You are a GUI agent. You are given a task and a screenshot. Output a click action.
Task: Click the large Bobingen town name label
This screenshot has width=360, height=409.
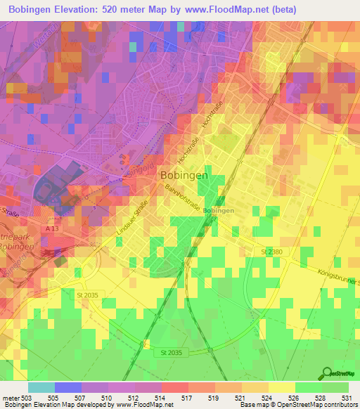(x=184, y=175)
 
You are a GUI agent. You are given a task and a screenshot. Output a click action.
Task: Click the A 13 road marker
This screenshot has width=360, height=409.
(x=50, y=229)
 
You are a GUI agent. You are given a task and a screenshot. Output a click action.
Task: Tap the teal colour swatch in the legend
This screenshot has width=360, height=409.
(x=41, y=387)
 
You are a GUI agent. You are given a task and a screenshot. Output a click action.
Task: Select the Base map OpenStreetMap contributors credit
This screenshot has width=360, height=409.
(x=297, y=405)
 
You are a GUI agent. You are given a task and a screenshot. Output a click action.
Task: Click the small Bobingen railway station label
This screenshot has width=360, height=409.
(x=218, y=210)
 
